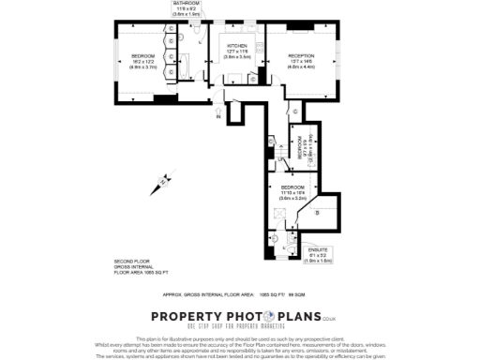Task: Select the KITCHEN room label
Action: (236, 46)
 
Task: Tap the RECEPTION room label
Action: (302, 56)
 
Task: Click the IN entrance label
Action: (217, 117)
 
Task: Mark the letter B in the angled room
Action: (318, 215)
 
